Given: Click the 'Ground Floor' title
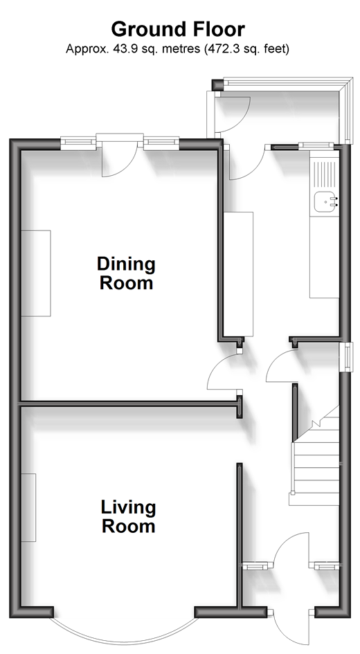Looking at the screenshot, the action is (x=178, y=30).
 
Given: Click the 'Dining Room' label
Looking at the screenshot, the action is (x=126, y=273).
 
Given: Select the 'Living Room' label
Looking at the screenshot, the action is (x=128, y=516).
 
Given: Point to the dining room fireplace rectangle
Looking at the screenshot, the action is (x=36, y=273).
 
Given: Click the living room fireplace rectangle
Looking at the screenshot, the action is (x=28, y=507).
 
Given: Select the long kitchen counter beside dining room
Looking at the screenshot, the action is (x=238, y=274).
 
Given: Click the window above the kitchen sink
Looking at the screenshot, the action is (x=316, y=145).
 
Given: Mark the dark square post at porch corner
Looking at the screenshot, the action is (x=217, y=85).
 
